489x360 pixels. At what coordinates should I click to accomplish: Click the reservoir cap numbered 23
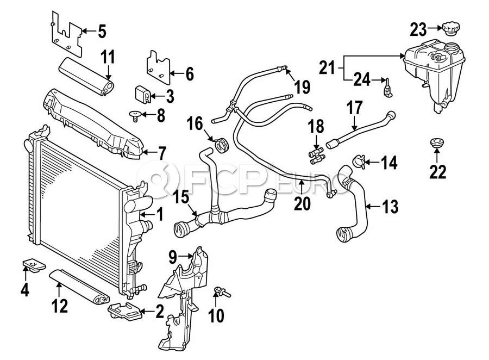tap(450, 28)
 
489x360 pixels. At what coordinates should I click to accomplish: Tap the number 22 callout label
tap(437, 172)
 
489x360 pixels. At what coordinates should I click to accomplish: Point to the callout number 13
tap(390, 207)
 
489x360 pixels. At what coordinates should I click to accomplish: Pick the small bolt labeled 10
tap(222, 292)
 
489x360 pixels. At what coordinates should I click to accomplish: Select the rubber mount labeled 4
tap(33, 265)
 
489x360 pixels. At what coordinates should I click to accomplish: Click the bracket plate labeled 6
tap(157, 67)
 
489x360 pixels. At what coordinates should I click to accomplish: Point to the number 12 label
tap(60, 307)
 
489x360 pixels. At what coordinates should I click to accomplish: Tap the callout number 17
tap(354, 108)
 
